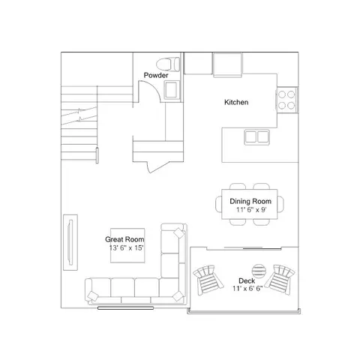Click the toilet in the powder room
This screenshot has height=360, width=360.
pyautogui.click(x=168, y=64)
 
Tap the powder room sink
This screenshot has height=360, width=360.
pyautogui.click(x=172, y=90)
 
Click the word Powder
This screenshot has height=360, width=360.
pyautogui.click(x=156, y=75)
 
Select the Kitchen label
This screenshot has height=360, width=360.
pyautogui.click(x=236, y=102)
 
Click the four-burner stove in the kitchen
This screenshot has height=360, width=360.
pyautogui.click(x=286, y=100)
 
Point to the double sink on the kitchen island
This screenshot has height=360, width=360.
pyautogui.click(x=256, y=137)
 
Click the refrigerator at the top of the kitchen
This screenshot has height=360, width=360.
pyautogui.click(x=228, y=64)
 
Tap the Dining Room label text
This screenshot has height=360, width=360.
pyautogui.click(x=250, y=201)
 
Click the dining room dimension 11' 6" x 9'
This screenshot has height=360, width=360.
pyautogui.click(x=251, y=209)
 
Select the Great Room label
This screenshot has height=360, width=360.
pyautogui.click(x=124, y=239)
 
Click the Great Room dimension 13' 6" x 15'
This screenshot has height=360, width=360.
pyautogui.click(x=126, y=248)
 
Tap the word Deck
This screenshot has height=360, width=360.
pyautogui.click(x=247, y=280)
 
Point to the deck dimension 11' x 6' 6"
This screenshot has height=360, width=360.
pyautogui.click(x=247, y=289)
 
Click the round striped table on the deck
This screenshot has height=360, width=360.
pyautogui.click(x=259, y=271)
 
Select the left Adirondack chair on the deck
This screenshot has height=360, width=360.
pyautogui.click(x=208, y=280)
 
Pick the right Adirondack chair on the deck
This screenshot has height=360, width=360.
pyautogui.click(x=280, y=280)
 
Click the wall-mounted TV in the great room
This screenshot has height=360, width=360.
pyautogui.click(x=70, y=242)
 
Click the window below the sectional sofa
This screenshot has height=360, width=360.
pyautogui.click(x=125, y=308)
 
